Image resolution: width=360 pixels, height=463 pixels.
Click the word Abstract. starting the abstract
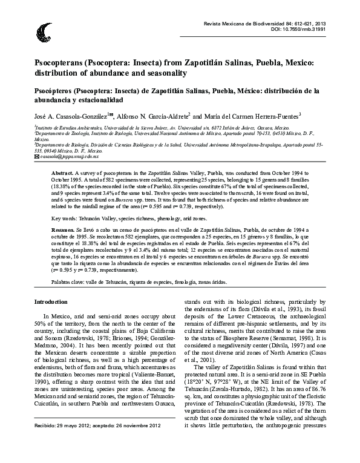click(62, 172)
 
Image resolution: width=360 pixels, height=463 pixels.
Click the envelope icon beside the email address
click(38, 157)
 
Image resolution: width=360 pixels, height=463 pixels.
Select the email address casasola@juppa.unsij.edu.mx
click(65, 157)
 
